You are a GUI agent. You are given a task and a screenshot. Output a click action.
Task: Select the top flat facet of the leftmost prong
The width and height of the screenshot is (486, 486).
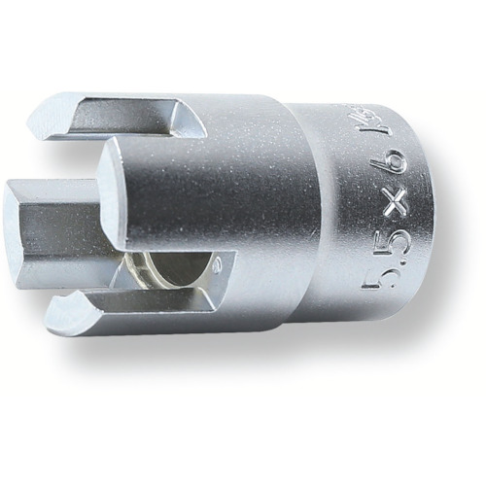click(58, 185)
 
